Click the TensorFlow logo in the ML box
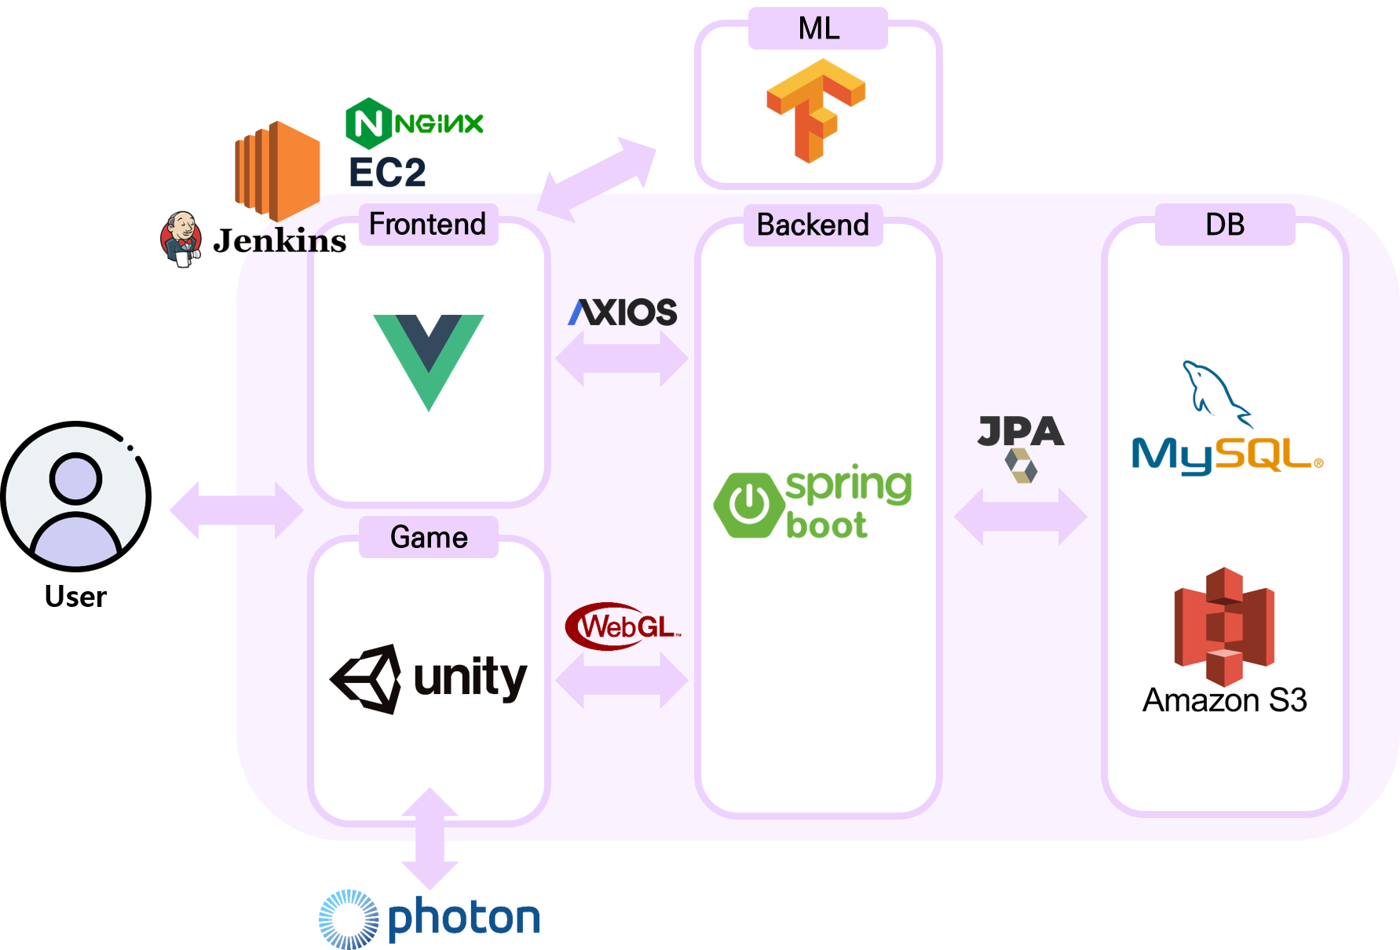[816, 110]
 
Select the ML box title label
[818, 28]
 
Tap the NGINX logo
[414, 123]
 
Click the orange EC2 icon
[277, 170]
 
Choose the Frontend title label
[428, 225]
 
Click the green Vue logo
[429, 362]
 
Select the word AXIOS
[623, 312]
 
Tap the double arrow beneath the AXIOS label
[622, 359]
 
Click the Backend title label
[813, 225]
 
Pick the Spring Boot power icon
[749, 505]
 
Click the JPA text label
[1021, 431]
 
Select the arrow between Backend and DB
[1021, 517]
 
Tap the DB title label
[1225, 225]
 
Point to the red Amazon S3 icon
[1224, 627]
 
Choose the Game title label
[429, 538]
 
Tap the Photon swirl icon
[349, 919]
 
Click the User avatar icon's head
[76, 478]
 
